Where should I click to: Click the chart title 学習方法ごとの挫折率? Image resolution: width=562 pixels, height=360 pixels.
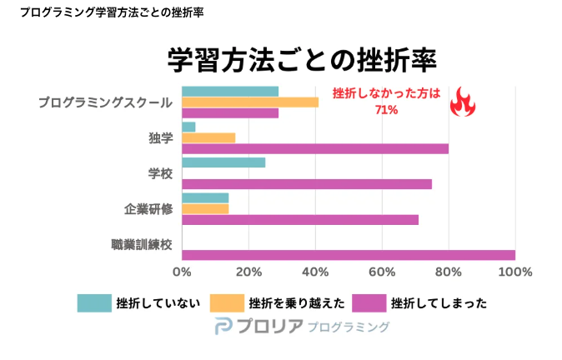(x=302, y=61)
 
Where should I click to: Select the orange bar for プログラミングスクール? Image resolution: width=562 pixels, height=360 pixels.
(x=250, y=102)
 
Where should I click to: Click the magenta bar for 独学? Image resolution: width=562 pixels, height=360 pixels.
(x=315, y=149)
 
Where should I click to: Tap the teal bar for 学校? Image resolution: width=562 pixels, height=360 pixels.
(x=223, y=162)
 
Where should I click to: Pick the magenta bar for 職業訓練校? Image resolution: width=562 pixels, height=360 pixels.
(x=348, y=255)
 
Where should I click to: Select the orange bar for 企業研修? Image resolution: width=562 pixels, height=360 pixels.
(x=205, y=208)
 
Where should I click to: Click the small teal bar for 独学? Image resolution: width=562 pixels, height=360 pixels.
(x=188, y=127)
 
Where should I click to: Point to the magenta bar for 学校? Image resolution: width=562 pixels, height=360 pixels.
(x=307, y=184)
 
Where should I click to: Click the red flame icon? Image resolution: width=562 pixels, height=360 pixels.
(x=462, y=102)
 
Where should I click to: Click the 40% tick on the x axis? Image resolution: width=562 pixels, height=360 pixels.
(x=315, y=272)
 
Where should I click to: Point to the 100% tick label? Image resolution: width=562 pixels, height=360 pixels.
(x=514, y=272)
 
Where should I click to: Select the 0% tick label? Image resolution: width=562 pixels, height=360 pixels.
(x=182, y=272)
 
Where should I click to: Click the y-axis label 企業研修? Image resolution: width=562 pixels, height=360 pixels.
(x=148, y=208)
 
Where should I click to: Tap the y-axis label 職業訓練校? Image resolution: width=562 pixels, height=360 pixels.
(x=142, y=244)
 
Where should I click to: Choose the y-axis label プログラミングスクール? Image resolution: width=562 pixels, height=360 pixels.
(x=105, y=102)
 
